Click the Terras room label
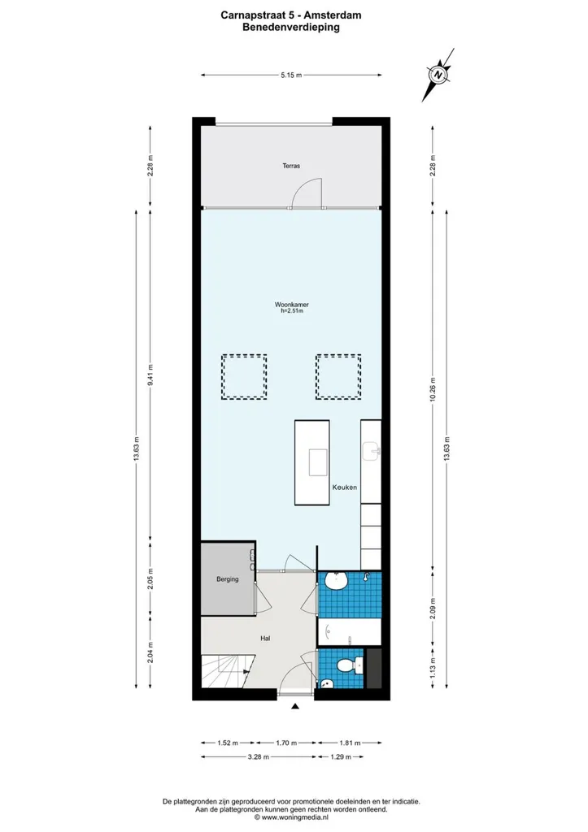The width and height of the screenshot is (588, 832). pos(291,166)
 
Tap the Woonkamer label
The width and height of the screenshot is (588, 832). pos(292,305)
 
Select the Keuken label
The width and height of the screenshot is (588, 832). pos(345,487)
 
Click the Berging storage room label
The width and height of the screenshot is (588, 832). pos(228,579)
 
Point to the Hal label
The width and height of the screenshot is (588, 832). pos(265,639)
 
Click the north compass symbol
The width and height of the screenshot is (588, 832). pos(438,75)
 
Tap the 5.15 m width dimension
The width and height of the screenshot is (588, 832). pos(291,76)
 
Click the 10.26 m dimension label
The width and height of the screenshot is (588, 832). pos(433,389)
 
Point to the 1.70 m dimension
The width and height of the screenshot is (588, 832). pos(286,743)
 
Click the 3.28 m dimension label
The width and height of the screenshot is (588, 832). pos(258,756)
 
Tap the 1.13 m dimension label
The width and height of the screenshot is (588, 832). pos(433,668)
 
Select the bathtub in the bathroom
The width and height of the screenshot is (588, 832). pos(350,631)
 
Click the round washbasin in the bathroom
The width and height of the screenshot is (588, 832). pos(336,582)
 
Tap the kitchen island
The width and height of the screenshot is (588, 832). pos(311,462)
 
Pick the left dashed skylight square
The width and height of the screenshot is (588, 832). pos(244,377)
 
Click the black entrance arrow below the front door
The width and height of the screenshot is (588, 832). pos(294,706)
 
